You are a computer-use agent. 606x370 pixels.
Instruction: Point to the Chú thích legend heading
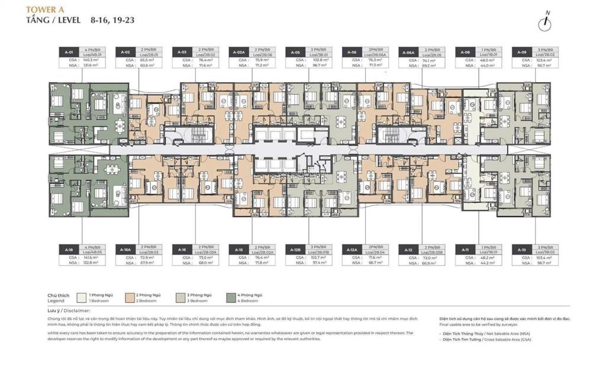click(x=59, y=294)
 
